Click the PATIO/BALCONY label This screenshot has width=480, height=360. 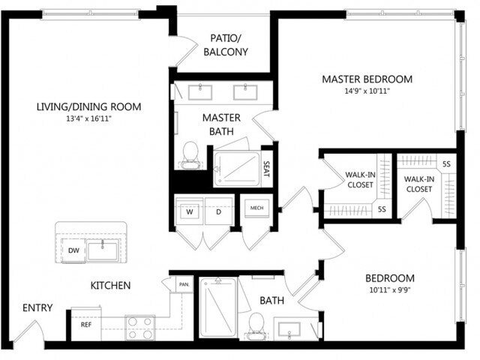click(x=226, y=43)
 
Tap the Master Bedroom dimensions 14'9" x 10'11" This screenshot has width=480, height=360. click(x=367, y=91)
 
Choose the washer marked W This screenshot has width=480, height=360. click(x=190, y=211)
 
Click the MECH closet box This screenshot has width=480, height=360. click(x=256, y=208)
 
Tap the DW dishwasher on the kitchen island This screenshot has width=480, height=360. click(x=73, y=250)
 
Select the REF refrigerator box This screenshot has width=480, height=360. click(x=85, y=325)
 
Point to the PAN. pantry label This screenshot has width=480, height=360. click(x=184, y=284)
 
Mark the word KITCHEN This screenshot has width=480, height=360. click(x=111, y=286)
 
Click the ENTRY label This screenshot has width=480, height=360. click(x=37, y=307)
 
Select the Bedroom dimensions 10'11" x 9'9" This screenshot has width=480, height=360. click(x=391, y=288)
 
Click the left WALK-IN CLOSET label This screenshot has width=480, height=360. click(x=360, y=180)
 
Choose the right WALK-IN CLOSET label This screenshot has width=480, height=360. click(x=418, y=184)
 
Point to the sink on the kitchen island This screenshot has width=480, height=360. click(x=102, y=249)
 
